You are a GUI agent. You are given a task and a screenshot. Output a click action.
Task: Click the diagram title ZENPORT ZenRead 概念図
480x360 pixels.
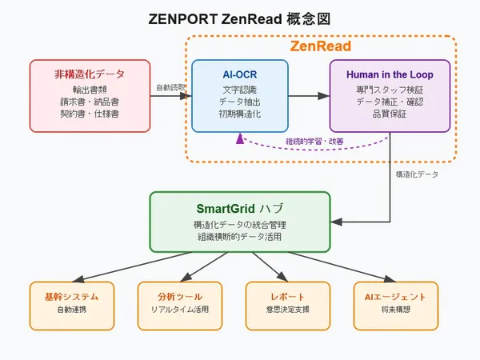pos(240,18)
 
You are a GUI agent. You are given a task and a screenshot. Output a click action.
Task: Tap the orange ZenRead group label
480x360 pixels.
pos(320,46)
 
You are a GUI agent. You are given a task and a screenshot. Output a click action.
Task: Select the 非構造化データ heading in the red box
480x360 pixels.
pos(89,74)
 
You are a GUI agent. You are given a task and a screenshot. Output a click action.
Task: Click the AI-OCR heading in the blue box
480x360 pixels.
pos(240,74)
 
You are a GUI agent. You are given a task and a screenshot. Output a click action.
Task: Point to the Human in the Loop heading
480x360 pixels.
pos(390,74)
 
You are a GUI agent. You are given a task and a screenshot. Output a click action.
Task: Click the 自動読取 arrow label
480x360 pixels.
pos(170,86)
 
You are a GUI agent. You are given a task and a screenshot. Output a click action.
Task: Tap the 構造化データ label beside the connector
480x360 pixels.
pos(417,174)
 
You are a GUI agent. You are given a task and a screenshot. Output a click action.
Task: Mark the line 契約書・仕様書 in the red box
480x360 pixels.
pos(89,114)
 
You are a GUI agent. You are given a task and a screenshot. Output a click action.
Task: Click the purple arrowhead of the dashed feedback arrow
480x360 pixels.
pos(238,137)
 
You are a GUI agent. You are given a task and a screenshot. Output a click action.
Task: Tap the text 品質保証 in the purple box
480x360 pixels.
pos(390,114)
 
